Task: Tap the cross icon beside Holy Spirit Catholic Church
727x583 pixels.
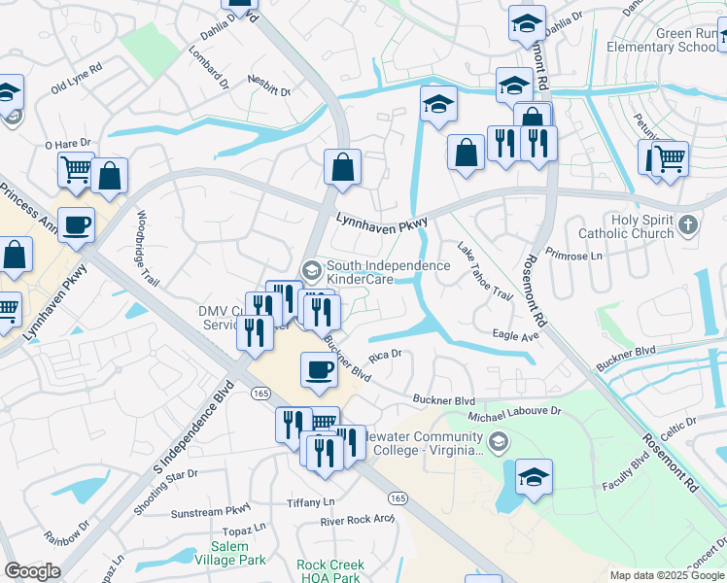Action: coord(688,226)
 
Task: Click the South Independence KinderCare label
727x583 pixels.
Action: coord(388,272)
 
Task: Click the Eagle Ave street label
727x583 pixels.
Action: coord(515,336)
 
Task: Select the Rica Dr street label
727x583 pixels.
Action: coord(385,355)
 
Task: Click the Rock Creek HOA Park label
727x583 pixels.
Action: coord(330,570)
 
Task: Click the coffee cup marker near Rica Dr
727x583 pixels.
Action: coord(320,369)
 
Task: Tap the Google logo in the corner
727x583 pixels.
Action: coord(31,571)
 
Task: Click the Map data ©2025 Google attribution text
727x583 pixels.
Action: coord(667,575)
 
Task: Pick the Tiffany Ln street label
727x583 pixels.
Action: coord(310,502)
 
